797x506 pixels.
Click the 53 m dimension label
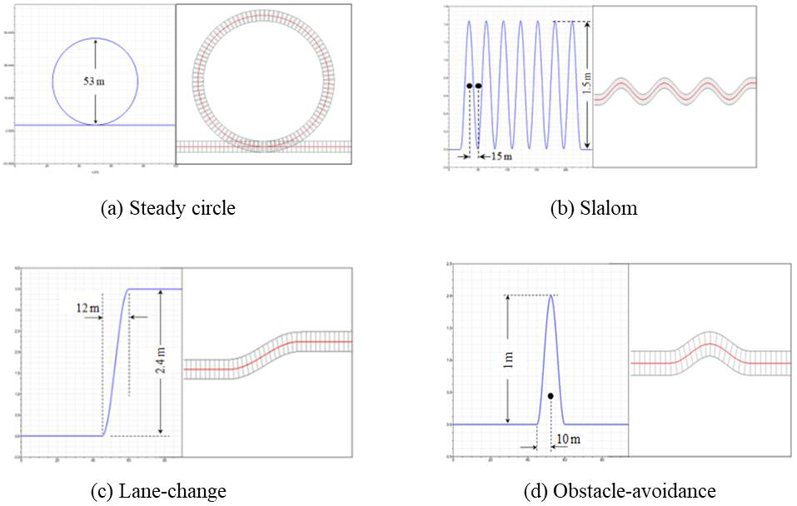(95, 82)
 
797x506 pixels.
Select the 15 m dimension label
(499, 156)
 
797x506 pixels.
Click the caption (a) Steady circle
(167, 208)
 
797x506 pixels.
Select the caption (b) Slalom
(595, 208)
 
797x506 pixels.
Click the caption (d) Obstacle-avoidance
(619, 491)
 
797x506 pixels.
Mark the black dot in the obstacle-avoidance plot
(550, 396)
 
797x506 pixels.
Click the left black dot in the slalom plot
(470, 86)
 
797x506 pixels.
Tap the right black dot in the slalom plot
(478, 86)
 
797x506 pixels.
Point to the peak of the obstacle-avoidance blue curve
(550, 296)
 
